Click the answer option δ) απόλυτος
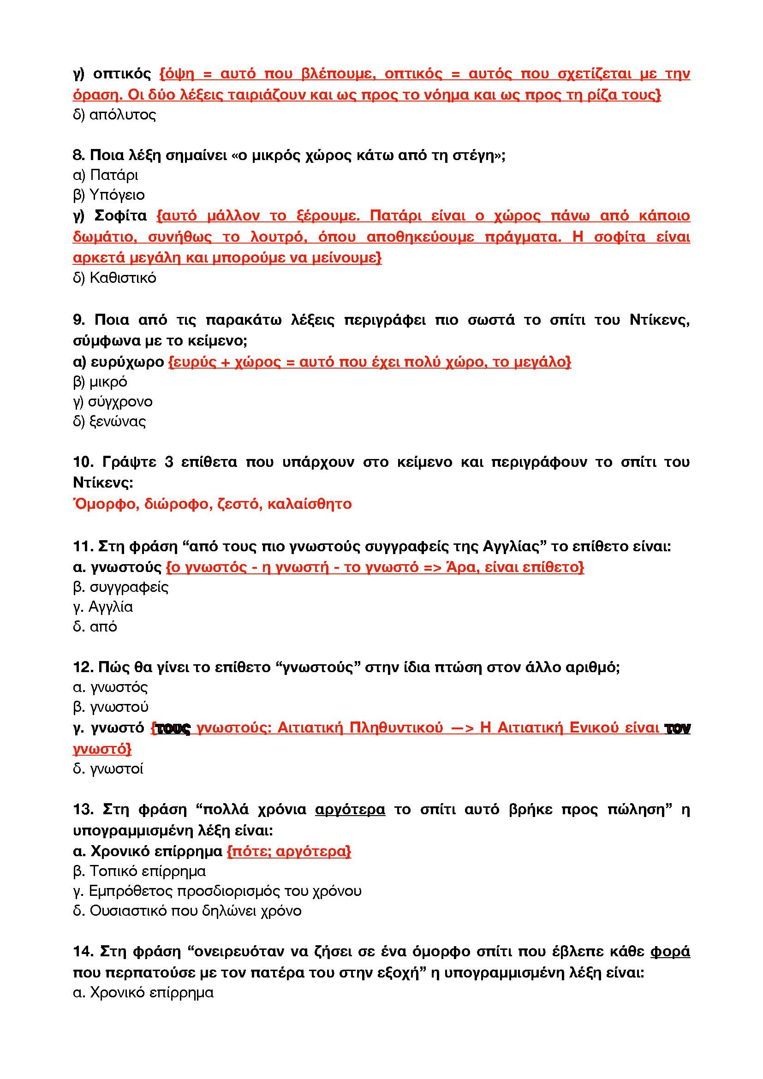click(114, 115)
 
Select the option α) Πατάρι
click(106, 175)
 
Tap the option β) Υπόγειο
click(109, 195)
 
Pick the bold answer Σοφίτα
click(121, 216)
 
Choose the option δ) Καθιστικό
click(115, 278)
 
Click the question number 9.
click(79, 320)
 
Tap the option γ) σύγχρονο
click(113, 401)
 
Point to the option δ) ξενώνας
click(109, 421)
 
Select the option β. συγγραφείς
click(121, 587)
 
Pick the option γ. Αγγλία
click(103, 607)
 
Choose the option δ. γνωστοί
click(108, 769)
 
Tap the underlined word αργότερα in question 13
click(350, 810)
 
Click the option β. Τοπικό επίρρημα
click(139, 871)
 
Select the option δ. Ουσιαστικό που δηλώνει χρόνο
click(187, 910)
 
